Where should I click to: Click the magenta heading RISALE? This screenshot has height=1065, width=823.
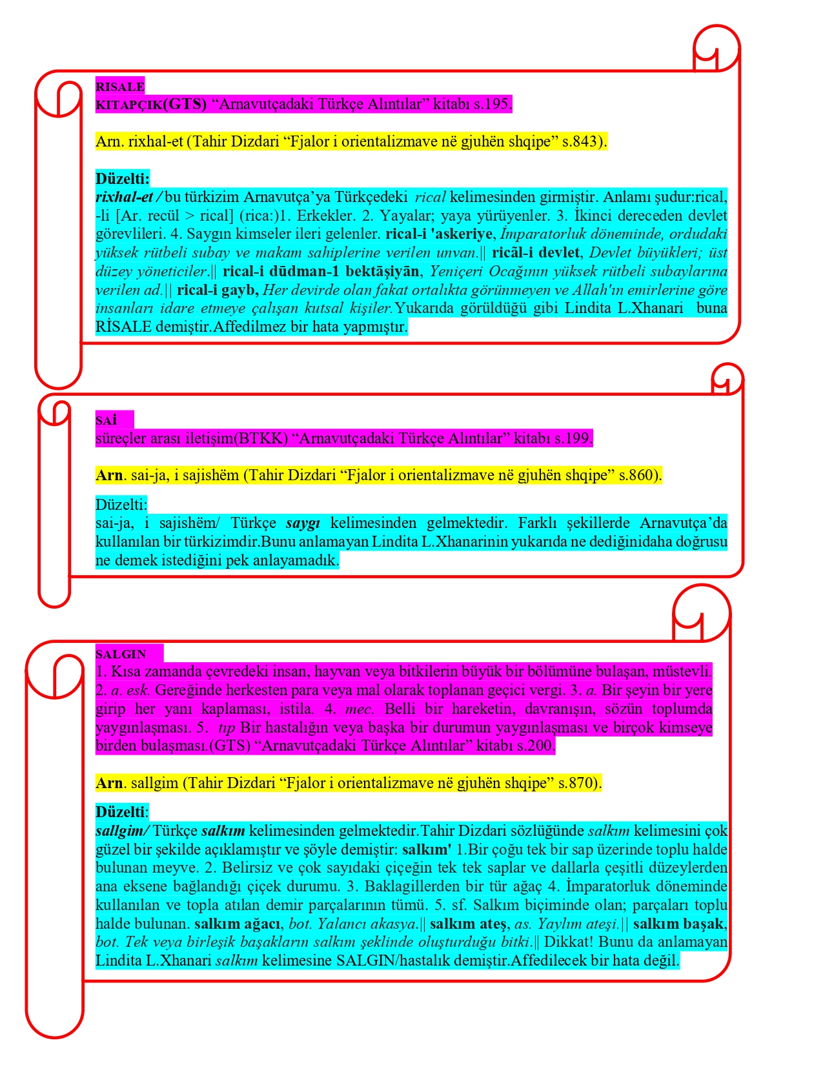coord(120,87)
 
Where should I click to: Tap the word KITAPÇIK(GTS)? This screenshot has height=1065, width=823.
coord(151,105)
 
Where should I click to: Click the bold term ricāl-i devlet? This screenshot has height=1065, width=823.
coord(535,253)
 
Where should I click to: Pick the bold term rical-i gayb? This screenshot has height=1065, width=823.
coord(218,290)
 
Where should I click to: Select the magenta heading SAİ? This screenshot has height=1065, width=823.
coord(107,421)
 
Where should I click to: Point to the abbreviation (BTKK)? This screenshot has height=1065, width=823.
coord(261,439)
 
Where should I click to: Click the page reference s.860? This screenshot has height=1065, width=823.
coord(639,476)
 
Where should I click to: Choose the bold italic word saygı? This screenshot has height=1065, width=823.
coord(303,523)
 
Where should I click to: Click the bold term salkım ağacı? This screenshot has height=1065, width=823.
coord(238,924)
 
